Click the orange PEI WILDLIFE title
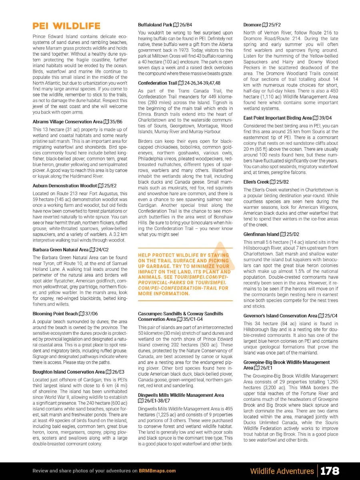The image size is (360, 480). tap(66, 26)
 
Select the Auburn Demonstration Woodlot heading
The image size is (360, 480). tap(64, 186)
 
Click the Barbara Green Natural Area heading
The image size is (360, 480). tap(60, 250)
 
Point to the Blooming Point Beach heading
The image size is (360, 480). tap(55, 314)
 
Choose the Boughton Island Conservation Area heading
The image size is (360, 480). tap(68, 372)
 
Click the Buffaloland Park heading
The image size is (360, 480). tap(155, 25)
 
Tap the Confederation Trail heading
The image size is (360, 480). tap(157, 83)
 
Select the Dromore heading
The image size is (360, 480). tap(252, 25)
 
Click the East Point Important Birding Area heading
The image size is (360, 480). tap(277, 118)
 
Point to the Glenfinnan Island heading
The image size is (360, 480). tap(261, 234)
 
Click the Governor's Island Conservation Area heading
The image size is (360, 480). tap(280, 316)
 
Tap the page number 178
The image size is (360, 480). tap(330, 471)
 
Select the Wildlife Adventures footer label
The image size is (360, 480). tap(282, 471)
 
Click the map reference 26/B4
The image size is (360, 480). tap(185, 25)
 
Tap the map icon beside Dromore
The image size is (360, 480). tap(265, 25)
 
